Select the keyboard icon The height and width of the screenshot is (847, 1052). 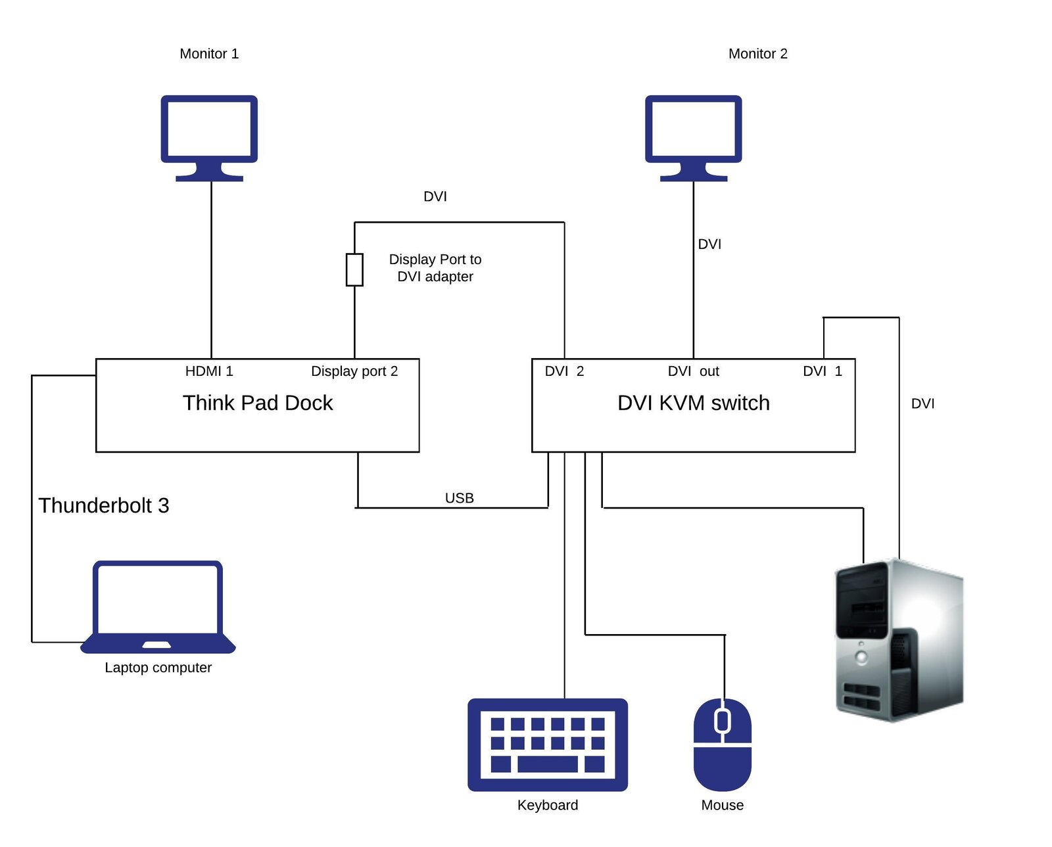[x=547, y=744]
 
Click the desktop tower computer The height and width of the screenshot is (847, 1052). [x=898, y=641]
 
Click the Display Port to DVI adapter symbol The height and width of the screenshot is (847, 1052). [x=354, y=269]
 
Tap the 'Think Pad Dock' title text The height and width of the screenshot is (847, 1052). [x=258, y=403]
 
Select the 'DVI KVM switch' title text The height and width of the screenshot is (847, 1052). [x=693, y=403]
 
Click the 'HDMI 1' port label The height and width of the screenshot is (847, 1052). [x=209, y=371]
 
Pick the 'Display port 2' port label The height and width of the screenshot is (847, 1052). [x=354, y=371]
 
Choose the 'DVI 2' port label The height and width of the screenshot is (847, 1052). [x=564, y=371]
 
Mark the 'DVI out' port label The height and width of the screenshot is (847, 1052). [x=693, y=371]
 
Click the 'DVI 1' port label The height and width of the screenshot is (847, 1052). [x=822, y=371]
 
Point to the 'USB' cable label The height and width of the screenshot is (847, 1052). [x=459, y=498]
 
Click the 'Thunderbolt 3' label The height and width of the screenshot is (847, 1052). [x=104, y=505]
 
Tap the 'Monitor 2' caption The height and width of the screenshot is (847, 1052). [x=757, y=54]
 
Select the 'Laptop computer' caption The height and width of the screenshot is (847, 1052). [x=158, y=668]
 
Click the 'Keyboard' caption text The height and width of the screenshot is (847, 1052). [x=547, y=805]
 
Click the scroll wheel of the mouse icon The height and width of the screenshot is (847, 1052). [x=723, y=721]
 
